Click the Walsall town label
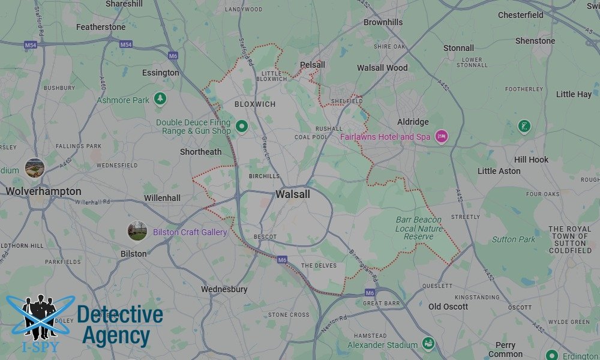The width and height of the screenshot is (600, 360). click(x=293, y=194)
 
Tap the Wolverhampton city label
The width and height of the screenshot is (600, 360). click(x=43, y=191)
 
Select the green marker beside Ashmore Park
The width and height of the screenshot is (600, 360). click(x=160, y=98)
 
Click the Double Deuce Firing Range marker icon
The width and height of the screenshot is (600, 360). click(x=242, y=126)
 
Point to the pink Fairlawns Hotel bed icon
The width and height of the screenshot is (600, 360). click(x=442, y=137)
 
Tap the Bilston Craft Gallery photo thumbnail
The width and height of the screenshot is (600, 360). click(x=137, y=231)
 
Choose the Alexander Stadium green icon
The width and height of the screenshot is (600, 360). click(x=428, y=344)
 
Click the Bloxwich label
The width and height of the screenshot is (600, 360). click(x=255, y=104)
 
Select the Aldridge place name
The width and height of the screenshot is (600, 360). click(x=413, y=122)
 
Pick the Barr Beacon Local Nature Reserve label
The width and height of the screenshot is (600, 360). click(x=419, y=229)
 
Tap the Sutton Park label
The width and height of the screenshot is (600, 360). click(x=514, y=239)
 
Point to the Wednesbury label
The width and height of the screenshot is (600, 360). click(x=224, y=289)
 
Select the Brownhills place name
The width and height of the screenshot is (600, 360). click(x=383, y=22)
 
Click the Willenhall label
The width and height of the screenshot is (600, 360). click(x=162, y=198)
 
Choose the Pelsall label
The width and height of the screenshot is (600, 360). click(x=312, y=65)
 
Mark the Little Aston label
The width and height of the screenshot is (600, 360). click(x=499, y=171)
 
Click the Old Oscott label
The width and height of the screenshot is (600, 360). click(x=448, y=307)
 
